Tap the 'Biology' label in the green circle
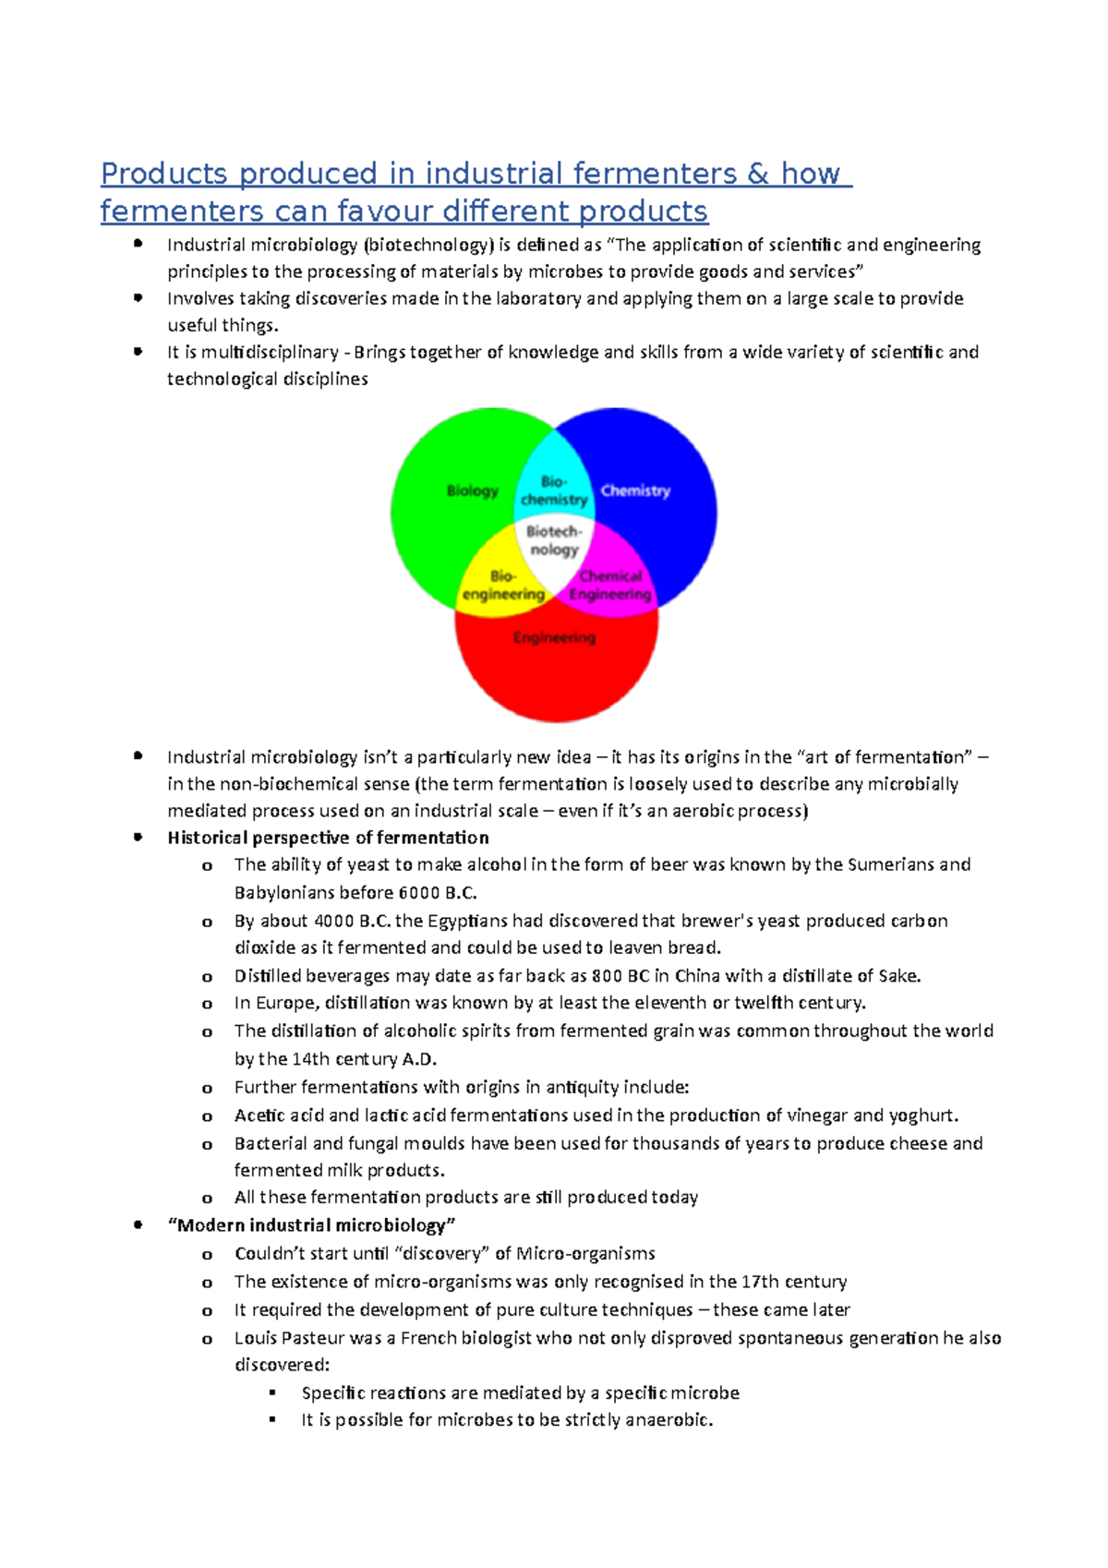point(472,490)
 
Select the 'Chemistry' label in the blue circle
point(635,490)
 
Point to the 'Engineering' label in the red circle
point(554,637)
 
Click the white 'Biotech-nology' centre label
point(554,540)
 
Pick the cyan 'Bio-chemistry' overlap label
point(554,490)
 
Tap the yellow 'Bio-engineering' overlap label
point(503,585)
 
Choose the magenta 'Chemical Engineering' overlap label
point(610,585)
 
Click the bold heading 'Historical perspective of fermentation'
point(328,838)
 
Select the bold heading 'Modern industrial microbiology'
point(311,1225)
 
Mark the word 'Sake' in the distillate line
point(897,976)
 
